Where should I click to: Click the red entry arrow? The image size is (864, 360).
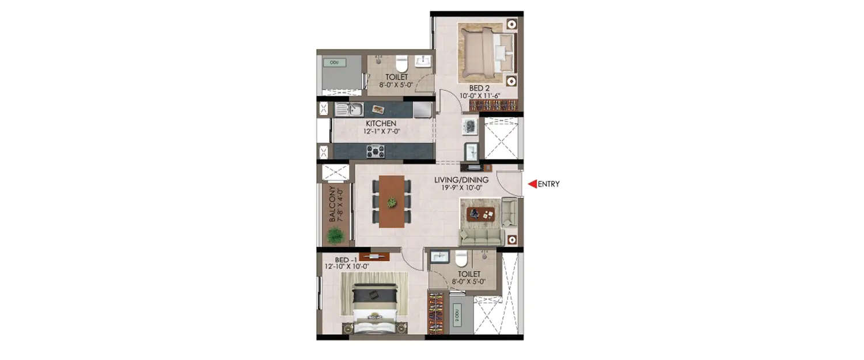point(532,184)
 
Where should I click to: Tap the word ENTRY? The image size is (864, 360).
point(548,184)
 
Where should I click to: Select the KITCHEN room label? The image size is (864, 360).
point(381,123)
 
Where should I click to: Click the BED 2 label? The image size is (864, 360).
point(479,88)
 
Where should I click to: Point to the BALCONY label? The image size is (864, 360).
point(333,204)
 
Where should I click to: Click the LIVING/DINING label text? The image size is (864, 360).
point(461,180)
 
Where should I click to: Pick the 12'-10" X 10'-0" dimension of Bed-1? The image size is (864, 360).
point(347,266)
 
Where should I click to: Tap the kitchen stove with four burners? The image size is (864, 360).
point(376,151)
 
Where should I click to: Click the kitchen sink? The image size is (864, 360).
point(349,108)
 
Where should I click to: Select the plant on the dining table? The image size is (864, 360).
point(392,202)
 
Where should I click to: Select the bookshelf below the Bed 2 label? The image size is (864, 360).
point(494,105)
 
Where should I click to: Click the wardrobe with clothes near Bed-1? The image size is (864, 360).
point(436,312)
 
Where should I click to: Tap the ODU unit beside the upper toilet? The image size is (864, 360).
point(335,62)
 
